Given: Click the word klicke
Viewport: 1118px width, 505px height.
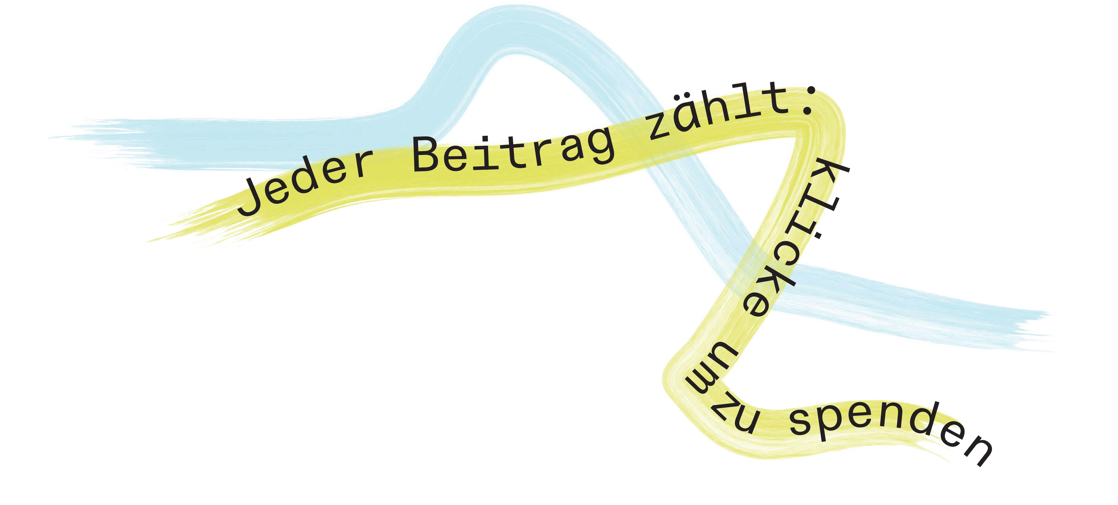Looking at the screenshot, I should (794, 239).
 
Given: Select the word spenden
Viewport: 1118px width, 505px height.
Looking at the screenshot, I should (890, 430).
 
